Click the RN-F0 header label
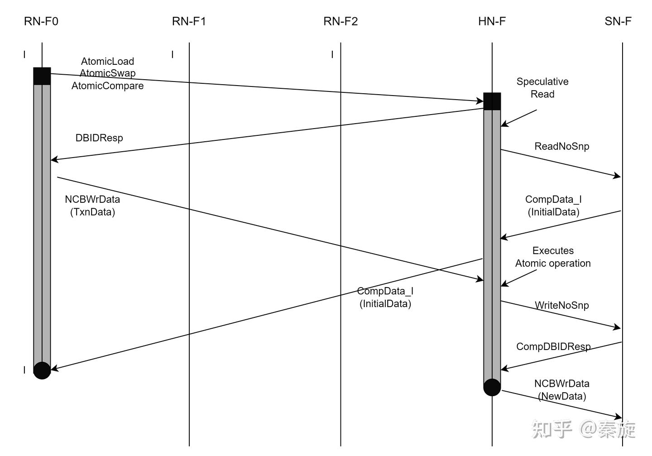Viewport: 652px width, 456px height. (41, 21)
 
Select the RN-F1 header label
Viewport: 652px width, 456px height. (189, 21)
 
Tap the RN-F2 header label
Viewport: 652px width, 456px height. (340, 21)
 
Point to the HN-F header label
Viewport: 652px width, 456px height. (492, 21)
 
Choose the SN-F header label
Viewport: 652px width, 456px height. (618, 21)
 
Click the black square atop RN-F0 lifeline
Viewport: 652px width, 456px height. (42, 76)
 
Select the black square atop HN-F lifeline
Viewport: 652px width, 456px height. (492, 101)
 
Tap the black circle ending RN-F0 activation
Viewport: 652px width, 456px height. (42, 370)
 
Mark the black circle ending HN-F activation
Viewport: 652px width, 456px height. (492, 387)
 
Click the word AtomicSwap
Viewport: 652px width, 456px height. (108, 73)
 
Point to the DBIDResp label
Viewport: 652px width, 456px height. (99, 138)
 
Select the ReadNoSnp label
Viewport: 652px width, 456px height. (562, 146)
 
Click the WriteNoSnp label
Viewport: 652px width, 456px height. (562, 305)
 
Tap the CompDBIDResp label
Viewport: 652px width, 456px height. (553, 346)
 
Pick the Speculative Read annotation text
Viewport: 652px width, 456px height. (542, 88)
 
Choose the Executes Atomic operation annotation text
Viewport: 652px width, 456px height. (553, 257)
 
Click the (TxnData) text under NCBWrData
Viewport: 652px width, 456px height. (92, 212)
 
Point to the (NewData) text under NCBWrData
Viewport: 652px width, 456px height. (562, 396)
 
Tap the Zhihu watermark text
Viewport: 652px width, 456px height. (584, 429)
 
